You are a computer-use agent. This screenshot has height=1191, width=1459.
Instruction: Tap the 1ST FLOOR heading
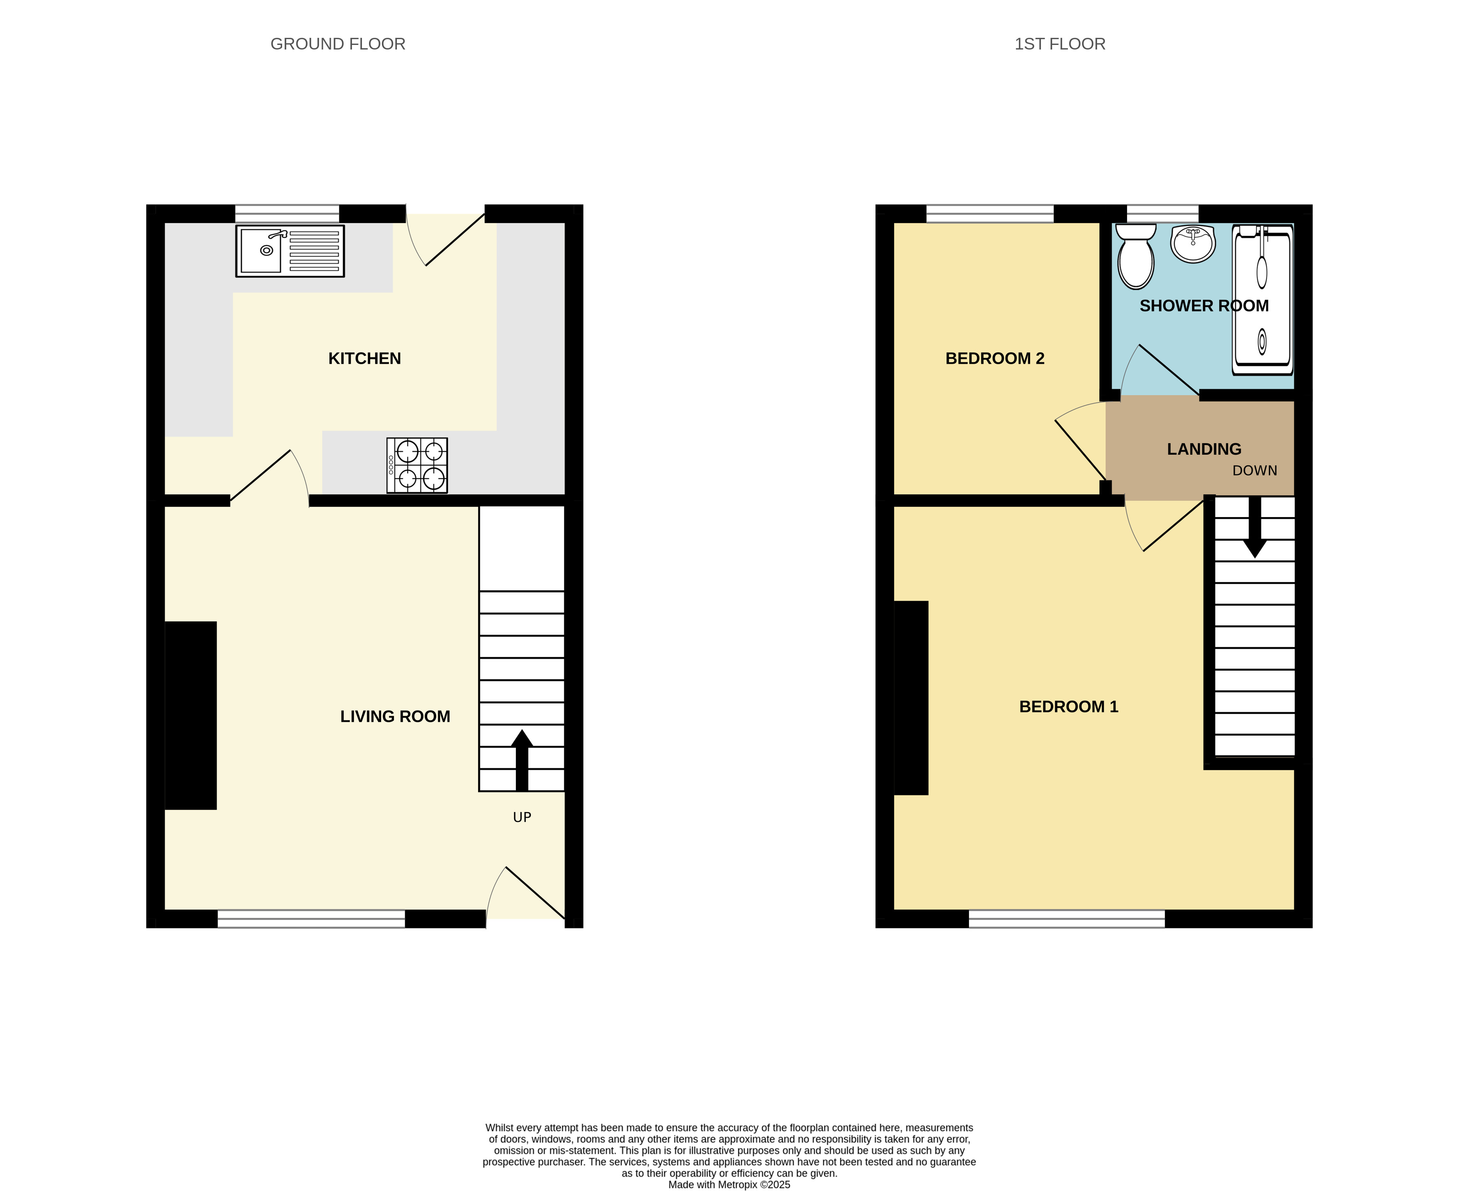[x=1060, y=44]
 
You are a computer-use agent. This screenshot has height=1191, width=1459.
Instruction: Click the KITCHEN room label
[x=364, y=358]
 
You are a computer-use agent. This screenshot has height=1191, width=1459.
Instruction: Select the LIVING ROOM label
[x=395, y=716]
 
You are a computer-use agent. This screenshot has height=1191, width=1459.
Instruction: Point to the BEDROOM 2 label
[x=995, y=358]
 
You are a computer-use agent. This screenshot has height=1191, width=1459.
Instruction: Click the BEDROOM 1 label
[x=1069, y=707]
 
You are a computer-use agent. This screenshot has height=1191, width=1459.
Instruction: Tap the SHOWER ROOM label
[x=1204, y=306]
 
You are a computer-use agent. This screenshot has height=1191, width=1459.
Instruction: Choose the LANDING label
[x=1204, y=449]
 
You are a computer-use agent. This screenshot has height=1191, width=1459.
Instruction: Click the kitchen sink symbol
[x=290, y=251]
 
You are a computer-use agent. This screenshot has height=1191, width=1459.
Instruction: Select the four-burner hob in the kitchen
[x=417, y=465]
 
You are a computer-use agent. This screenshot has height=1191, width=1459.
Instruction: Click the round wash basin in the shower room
[x=1193, y=243]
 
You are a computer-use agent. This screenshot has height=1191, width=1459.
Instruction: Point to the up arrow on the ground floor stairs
[x=522, y=760]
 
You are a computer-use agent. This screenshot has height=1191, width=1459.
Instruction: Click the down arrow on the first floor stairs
[x=1255, y=527]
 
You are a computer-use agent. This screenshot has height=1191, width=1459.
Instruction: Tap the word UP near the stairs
[x=522, y=817]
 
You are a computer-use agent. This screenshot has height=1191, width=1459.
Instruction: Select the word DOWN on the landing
[x=1255, y=470]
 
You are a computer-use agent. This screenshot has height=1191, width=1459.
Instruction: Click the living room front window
[x=312, y=919]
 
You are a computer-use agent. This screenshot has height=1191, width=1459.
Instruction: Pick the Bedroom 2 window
[x=990, y=213]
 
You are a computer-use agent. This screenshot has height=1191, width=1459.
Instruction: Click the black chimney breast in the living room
[x=191, y=716]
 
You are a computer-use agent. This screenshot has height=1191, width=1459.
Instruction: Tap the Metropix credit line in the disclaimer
[x=729, y=1185]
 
